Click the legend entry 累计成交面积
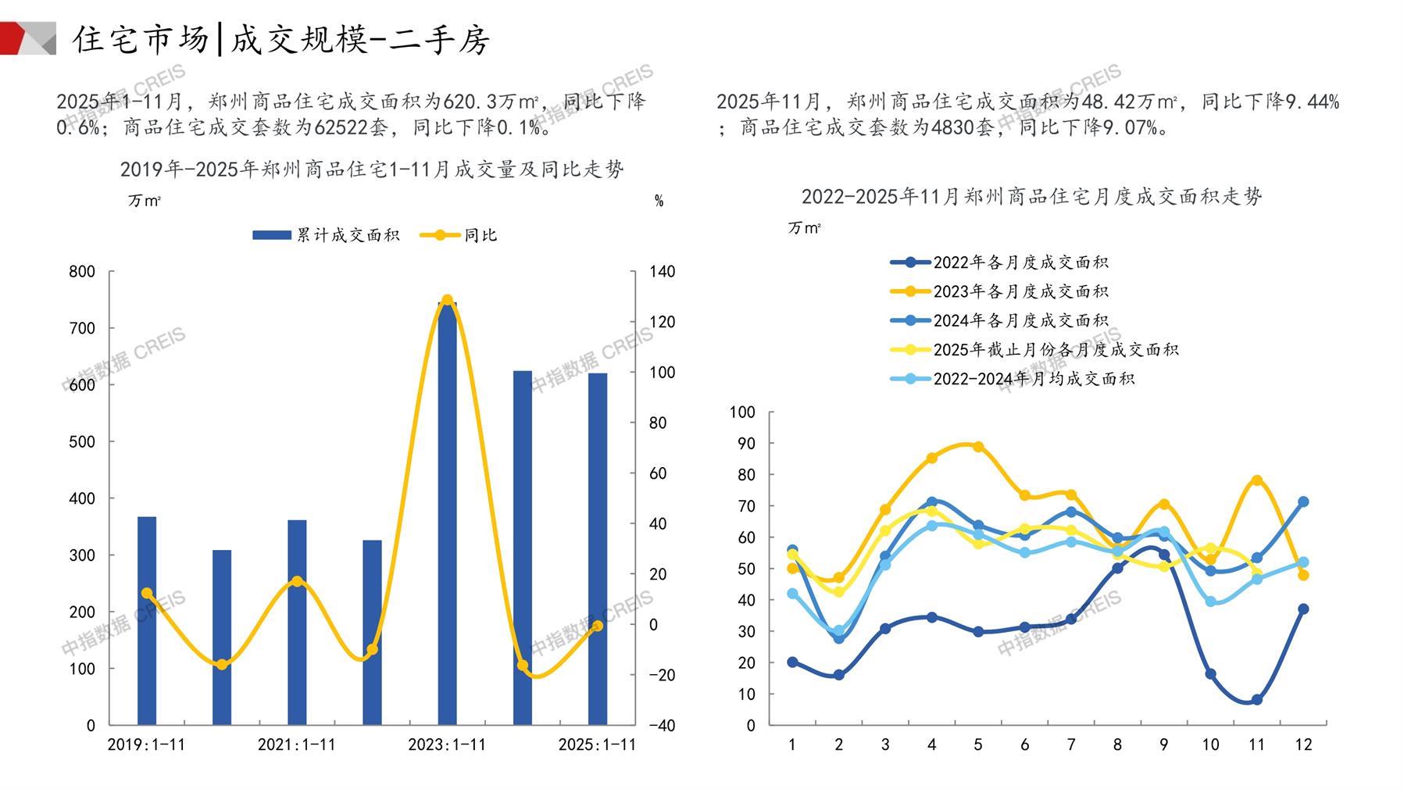tap(326, 235)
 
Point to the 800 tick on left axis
tap(82, 272)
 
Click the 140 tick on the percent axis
tap(662, 272)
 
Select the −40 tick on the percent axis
tap(661, 725)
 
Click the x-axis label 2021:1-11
tap(297, 744)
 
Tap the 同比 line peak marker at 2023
tap(447, 300)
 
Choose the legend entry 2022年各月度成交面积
tap(1000, 262)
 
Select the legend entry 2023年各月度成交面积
tap(1000, 291)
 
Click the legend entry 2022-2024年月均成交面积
tap(1013, 379)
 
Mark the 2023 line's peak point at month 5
tap(977, 447)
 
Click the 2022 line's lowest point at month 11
tap(1256, 700)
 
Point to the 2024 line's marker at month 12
tap(1303, 502)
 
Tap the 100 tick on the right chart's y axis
tap(742, 412)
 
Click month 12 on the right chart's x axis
tap(1303, 744)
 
